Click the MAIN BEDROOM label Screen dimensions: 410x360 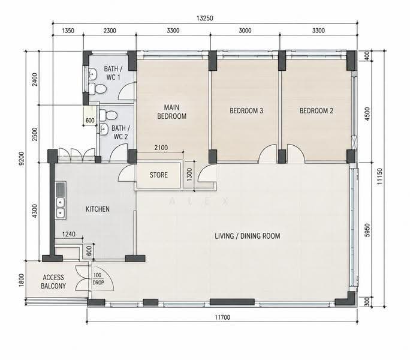coord(172,112)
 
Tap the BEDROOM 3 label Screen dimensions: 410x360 coord(246,111)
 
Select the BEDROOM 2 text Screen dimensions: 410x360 coord(316,111)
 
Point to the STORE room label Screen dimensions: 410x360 coord(159,175)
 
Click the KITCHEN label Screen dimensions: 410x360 coord(98,209)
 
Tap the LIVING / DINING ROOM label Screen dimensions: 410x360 coord(248,236)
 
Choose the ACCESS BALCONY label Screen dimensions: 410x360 coord(53,282)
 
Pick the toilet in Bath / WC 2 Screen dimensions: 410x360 coord(108,115)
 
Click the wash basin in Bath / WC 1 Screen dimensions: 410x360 coord(92,74)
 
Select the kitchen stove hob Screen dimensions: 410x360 coord(61,188)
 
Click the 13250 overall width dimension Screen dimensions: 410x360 coord(205,19)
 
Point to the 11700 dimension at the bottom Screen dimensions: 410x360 coord(222,317)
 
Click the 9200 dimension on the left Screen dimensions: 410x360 coord(22,158)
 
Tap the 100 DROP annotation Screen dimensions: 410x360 coord(98,279)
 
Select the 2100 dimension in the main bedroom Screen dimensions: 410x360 coord(161,148)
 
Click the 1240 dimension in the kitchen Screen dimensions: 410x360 coord(69,234)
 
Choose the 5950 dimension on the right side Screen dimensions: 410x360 coord(367,230)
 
